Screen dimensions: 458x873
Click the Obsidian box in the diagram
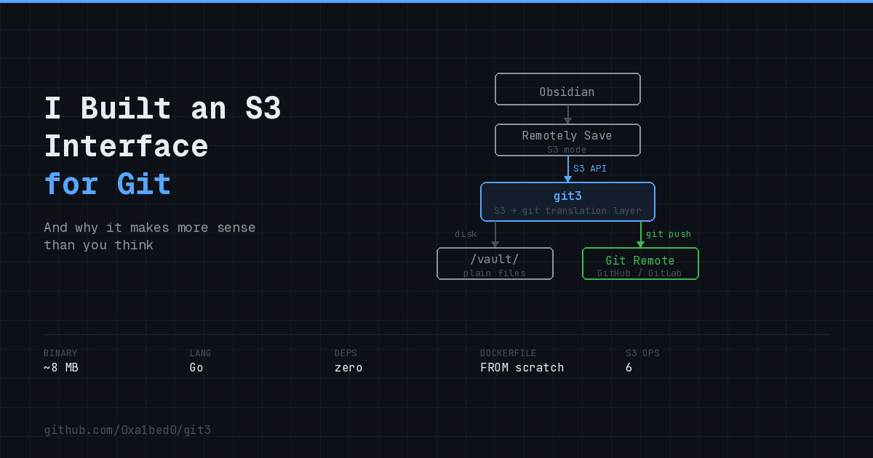point(567,89)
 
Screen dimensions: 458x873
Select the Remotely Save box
point(567,140)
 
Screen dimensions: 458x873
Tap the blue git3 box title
point(567,196)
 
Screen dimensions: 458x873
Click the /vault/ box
point(495,263)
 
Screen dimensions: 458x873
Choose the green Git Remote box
point(640,263)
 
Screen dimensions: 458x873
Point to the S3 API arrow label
point(589,169)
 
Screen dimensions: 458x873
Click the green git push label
point(669,234)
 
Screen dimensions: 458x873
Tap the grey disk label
point(466,234)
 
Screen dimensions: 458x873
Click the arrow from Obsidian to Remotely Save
point(567,115)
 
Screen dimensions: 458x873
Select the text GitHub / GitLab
point(640,273)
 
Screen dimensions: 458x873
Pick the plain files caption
point(495,273)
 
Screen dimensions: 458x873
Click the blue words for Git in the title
point(108,184)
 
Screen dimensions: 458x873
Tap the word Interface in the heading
point(126,146)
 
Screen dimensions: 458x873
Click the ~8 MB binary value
point(60,368)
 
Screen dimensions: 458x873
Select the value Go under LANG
point(196,368)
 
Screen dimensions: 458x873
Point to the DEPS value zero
point(348,368)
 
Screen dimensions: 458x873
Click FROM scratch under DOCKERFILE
point(522,368)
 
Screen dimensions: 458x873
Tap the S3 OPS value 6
point(629,368)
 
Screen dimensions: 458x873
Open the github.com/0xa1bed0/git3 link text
point(127,430)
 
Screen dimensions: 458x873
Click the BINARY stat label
point(60,353)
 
